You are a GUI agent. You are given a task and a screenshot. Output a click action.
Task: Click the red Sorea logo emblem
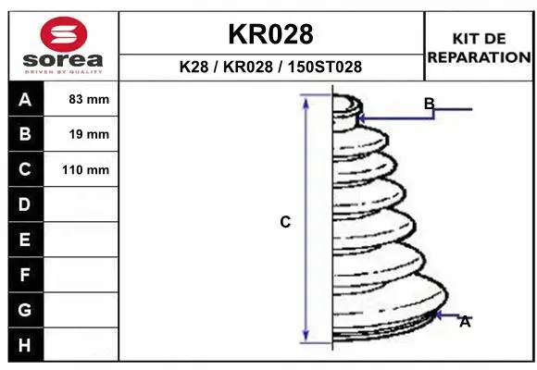click(64, 34)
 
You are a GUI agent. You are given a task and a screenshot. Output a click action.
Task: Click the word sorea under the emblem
click(63, 60)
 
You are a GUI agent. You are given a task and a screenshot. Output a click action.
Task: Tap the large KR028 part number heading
click(270, 34)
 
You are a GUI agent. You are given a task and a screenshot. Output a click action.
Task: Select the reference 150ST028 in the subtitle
click(325, 67)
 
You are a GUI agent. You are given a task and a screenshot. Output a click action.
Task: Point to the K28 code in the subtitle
click(194, 67)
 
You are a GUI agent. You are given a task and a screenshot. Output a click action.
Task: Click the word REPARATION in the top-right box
click(480, 57)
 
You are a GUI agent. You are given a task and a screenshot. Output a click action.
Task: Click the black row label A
click(25, 99)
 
